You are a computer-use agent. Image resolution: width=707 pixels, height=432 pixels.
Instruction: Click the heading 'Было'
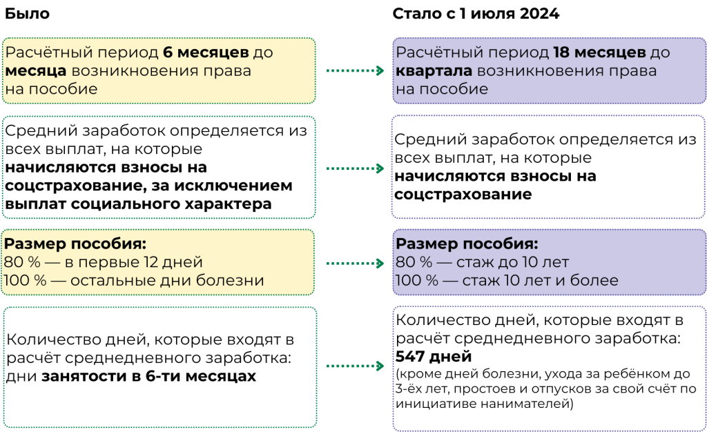(27, 14)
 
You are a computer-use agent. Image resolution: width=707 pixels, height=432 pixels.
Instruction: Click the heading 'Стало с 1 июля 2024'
(476, 14)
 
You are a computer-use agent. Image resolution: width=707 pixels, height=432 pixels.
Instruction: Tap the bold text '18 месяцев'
(599, 52)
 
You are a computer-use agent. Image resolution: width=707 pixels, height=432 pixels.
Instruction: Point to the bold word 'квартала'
(434, 70)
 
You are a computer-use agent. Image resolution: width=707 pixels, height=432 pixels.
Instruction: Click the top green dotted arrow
(354, 70)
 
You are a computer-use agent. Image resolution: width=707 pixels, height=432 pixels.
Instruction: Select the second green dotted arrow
(354, 168)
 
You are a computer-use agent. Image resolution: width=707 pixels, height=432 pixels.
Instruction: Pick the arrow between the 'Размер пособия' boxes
(354, 263)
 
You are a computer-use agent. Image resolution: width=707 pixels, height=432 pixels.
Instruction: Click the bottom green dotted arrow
(354, 366)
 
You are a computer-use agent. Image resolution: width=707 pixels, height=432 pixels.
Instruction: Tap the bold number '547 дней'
(434, 357)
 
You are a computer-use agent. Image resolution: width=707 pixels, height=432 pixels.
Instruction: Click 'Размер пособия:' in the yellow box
(75, 244)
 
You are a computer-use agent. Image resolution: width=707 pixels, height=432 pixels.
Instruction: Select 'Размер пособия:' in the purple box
(466, 244)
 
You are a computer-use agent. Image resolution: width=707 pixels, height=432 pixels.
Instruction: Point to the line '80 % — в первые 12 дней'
(104, 262)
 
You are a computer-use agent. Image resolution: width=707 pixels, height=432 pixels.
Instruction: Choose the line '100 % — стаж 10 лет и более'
(507, 281)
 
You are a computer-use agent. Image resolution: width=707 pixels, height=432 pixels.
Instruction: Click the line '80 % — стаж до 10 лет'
(482, 262)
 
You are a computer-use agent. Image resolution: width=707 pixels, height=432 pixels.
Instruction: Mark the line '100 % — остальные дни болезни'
(134, 281)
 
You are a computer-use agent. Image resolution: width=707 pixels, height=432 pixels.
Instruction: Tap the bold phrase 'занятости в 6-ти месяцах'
(148, 377)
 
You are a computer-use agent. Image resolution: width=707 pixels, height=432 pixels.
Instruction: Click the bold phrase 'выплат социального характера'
(138, 204)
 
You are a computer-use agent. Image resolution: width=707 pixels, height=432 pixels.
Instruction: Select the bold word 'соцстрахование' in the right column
(463, 195)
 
